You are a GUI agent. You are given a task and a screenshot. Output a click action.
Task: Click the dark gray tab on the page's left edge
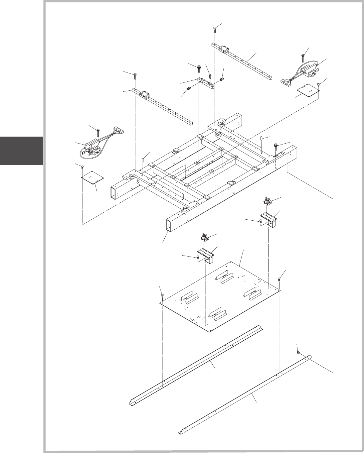[x=21, y=151]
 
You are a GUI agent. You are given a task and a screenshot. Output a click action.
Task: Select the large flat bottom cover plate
[x=220, y=296]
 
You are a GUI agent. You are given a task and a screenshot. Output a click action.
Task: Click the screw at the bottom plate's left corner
[x=162, y=295]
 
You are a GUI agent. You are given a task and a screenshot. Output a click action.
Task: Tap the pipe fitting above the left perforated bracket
[x=206, y=237]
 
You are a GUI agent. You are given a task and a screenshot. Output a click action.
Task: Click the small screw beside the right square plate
[x=318, y=84]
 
